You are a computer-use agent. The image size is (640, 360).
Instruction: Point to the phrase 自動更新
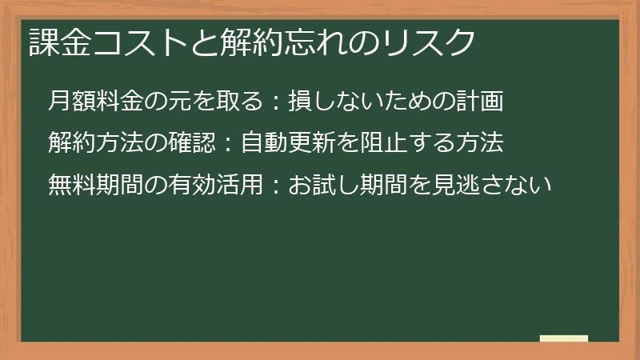(284, 143)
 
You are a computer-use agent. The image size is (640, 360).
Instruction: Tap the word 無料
(71, 185)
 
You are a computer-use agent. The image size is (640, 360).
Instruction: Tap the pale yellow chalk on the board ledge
(564, 338)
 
